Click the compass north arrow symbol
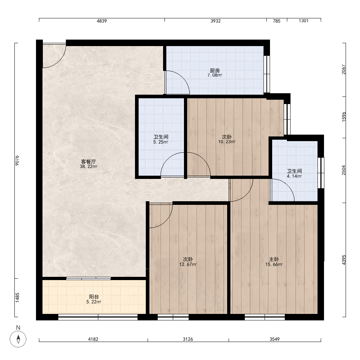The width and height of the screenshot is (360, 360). tap(18, 339)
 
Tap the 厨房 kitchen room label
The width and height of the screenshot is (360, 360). tap(215, 71)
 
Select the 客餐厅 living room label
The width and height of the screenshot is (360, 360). tap(89, 162)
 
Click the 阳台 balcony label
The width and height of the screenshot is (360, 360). tap(94, 297)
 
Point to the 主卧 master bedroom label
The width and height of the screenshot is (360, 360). tap(274, 259)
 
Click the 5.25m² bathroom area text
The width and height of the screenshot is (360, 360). tap(161, 142)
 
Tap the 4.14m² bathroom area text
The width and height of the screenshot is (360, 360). tap(294, 176)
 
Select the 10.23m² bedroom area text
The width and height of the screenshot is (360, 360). tap(226, 142)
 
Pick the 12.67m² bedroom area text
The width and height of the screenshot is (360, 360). tap(188, 265)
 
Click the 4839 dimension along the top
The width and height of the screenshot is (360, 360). tap(102, 21)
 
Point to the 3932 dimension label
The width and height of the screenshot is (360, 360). tap(216, 21)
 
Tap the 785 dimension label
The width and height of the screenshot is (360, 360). tap(276, 21)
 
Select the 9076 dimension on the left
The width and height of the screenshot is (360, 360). tap(17, 161)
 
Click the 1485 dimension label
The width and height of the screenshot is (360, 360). tap(17, 298)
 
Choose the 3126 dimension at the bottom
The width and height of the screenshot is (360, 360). tap(188, 339)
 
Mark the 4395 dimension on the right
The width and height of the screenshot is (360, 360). tap(344, 260)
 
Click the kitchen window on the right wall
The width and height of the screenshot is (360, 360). tap(267, 74)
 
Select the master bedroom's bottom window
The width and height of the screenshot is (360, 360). tap(265, 317)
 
